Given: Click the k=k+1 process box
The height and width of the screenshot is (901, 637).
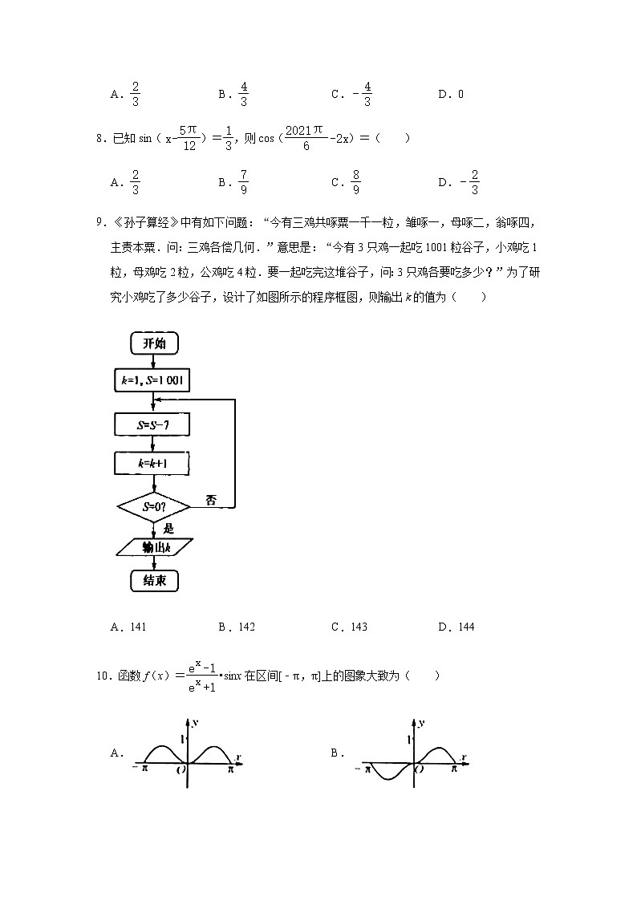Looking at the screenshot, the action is click(153, 464).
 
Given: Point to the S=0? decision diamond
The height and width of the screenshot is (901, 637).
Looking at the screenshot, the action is click(153, 507).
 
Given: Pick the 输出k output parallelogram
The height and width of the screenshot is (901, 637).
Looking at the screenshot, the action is click(153, 546).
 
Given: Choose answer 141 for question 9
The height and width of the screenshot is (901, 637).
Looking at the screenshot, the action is click(134, 627).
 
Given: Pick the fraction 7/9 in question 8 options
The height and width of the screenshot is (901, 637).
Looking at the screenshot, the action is click(243, 182).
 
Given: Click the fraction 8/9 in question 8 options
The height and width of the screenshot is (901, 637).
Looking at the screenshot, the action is click(355, 182).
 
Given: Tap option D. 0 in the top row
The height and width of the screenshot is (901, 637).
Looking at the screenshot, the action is click(451, 94).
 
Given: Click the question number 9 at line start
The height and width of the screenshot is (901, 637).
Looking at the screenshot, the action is click(98, 222).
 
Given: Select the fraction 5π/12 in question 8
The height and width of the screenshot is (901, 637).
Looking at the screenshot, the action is click(189, 138).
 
